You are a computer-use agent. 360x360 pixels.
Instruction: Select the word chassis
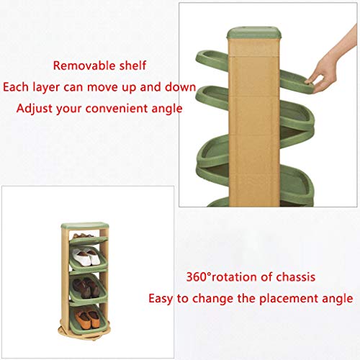(296, 276)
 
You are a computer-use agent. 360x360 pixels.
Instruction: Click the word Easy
(161, 299)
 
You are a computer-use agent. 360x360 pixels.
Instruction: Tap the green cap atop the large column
(254, 33)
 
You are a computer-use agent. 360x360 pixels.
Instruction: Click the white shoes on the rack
(86, 257)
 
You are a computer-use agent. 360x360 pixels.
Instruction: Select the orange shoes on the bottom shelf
(87, 318)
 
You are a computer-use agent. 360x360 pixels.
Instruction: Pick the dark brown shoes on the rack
(86, 287)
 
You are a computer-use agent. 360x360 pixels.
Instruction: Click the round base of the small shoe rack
(84, 333)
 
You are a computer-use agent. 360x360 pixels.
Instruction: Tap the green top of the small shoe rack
(85, 225)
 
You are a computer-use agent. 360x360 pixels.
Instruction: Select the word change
(212, 299)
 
